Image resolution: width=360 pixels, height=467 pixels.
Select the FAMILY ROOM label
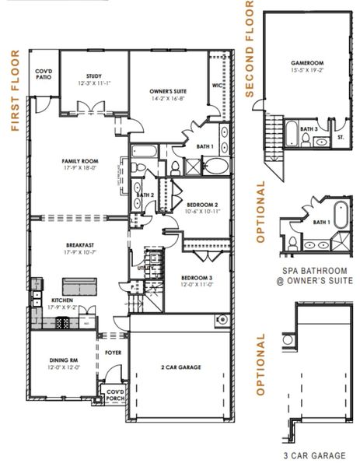[x=78, y=163]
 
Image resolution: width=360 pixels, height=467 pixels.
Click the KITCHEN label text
[x=62, y=300]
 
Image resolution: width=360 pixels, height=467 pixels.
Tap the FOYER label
[x=114, y=352]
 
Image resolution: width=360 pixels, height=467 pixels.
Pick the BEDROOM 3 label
[x=196, y=279]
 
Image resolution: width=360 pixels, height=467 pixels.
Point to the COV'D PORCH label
[x=115, y=395]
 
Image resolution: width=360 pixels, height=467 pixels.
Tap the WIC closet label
[x=217, y=86]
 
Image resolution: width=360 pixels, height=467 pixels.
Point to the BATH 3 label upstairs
[x=309, y=128]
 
